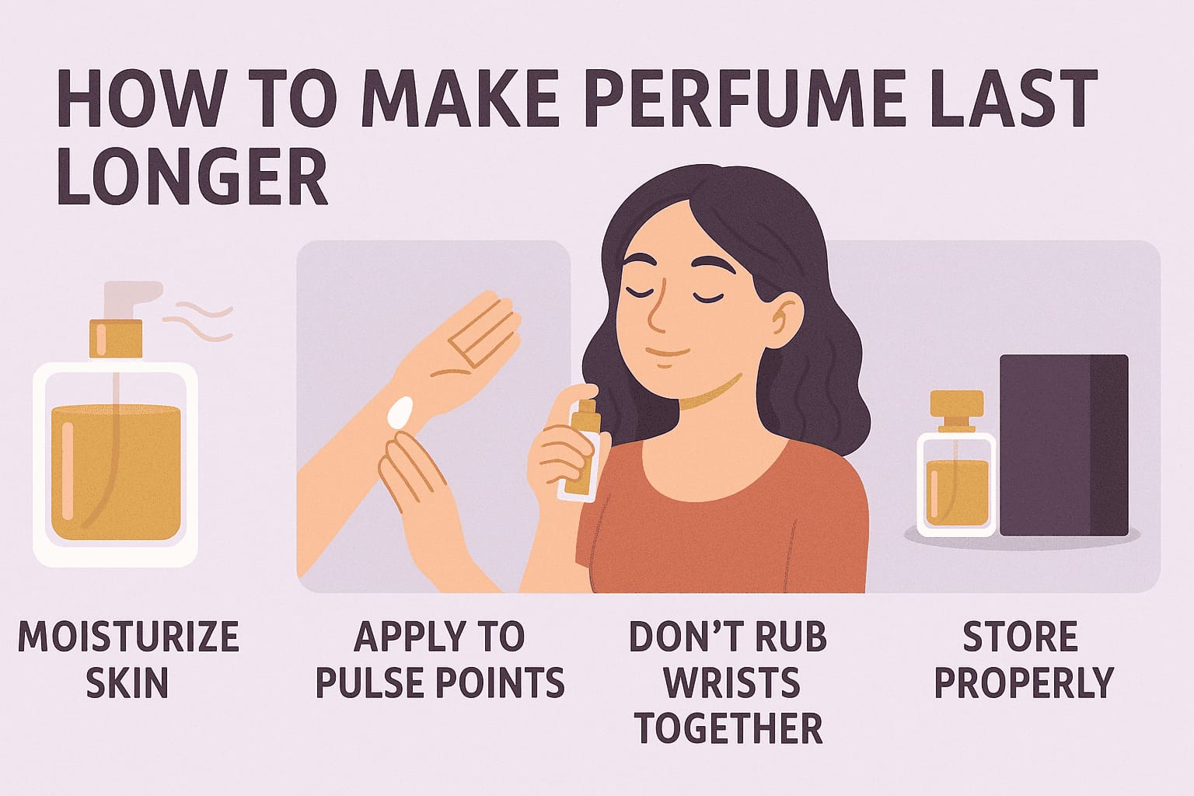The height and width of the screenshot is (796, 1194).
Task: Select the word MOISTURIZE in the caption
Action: coord(127,637)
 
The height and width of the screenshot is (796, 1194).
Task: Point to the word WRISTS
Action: coord(731,683)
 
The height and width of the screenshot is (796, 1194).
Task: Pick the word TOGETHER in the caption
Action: coord(728,728)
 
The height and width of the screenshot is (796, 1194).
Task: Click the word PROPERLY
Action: coord(1024,683)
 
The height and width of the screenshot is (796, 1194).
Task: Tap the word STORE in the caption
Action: coord(1020,637)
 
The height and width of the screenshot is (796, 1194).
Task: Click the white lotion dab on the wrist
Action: coord(401,412)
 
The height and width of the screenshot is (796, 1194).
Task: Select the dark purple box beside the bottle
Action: coord(1063,445)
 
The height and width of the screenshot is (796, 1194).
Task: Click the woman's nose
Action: coord(655,315)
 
